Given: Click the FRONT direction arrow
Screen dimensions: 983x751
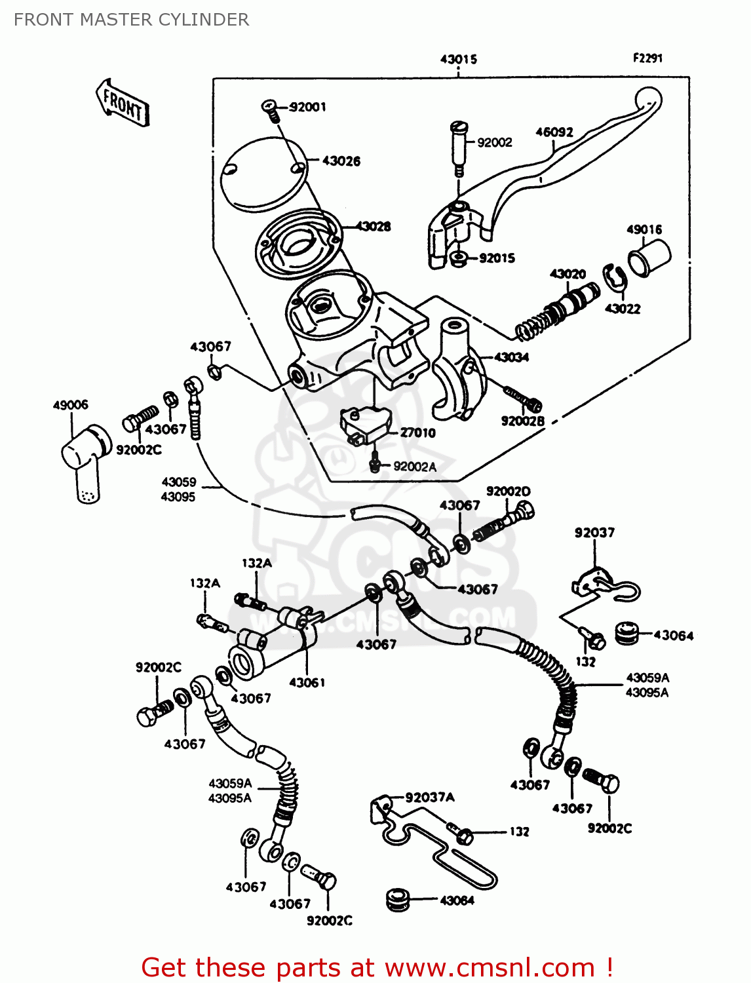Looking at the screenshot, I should click(123, 103).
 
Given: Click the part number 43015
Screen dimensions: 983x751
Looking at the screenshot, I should click(458, 59).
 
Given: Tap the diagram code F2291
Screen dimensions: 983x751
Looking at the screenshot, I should click(647, 58).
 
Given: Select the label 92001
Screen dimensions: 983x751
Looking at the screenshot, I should click(307, 107).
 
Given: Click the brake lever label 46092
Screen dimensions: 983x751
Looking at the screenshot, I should click(554, 132).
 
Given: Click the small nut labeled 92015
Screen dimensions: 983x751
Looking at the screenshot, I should click(458, 258).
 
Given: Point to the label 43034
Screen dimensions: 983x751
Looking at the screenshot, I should click(511, 357).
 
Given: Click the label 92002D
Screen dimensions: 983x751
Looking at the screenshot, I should click(509, 491).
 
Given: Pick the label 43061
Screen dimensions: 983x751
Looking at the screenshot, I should click(307, 682).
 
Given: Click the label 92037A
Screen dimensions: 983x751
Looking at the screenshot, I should click(430, 797).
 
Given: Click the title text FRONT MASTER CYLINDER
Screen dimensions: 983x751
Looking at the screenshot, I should click(131, 20).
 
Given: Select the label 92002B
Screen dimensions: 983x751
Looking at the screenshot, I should click(522, 421).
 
